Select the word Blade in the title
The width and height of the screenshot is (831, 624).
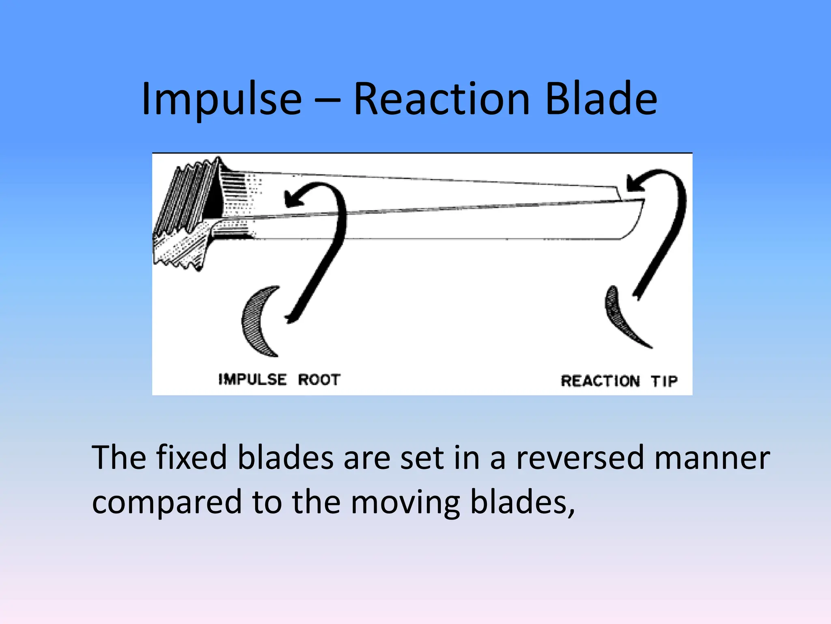click(601, 99)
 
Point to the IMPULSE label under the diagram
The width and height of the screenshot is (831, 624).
click(252, 379)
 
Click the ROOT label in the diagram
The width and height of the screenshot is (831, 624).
click(319, 379)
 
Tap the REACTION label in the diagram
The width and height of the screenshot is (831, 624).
click(600, 381)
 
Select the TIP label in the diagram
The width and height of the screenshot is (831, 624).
click(664, 381)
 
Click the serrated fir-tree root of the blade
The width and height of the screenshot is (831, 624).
click(183, 215)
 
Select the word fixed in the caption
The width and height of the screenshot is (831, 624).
click(191, 458)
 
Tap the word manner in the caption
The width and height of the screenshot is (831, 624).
click(712, 458)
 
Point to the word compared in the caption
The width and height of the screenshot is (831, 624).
click(167, 502)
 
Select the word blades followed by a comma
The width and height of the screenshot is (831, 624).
click(521, 502)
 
